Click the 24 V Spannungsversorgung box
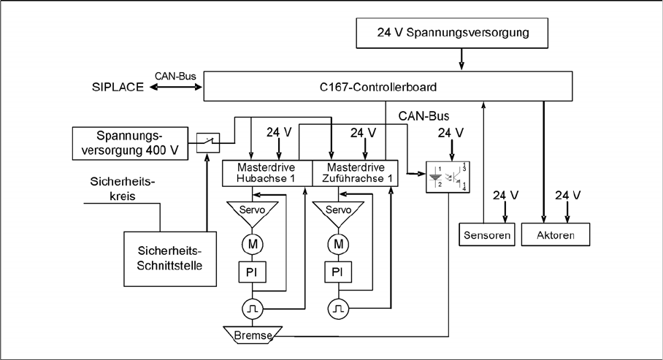pyautogui.click(x=461, y=33)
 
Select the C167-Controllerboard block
pyautogui.click(x=388, y=87)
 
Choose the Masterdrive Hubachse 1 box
pyautogui.click(x=267, y=173)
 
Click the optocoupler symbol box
pyautogui.click(x=447, y=177)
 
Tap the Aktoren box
pyautogui.click(x=555, y=234)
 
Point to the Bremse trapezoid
pyautogui.click(x=252, y=334)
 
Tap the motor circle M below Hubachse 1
pyautogui.click(x=252, y=242)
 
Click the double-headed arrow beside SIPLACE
pyautogui.click(x=176, y=87)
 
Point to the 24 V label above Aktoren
pyautogui.click(x=567, y=195)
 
